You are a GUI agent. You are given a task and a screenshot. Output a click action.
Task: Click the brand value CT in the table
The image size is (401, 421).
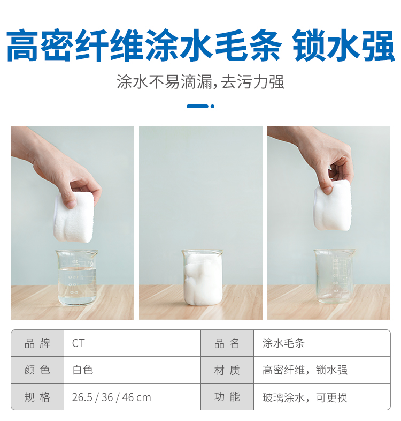(78, 343)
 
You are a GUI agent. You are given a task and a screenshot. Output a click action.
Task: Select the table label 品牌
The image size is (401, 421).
(37, 343)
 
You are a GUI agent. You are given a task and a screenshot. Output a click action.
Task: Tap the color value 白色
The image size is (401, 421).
(82, 370)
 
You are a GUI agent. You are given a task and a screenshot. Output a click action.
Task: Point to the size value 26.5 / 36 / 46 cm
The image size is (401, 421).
(111, 397)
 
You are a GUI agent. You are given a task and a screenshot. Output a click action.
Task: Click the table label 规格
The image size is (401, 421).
(37, 397)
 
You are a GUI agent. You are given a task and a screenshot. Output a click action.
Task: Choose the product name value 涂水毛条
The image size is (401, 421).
(283, 343)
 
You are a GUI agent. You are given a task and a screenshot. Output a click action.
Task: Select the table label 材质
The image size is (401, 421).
(227, 370)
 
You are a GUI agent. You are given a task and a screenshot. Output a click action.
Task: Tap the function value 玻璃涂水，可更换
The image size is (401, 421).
(305, 397)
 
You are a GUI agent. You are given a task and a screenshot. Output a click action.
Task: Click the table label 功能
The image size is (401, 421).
(227, 397)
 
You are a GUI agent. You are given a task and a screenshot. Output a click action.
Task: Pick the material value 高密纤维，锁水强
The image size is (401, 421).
(305, 370)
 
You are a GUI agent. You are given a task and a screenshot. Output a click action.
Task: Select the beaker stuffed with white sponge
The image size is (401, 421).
(203, 277)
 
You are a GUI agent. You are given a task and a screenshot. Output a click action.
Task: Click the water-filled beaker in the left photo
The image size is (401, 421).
(77, 277)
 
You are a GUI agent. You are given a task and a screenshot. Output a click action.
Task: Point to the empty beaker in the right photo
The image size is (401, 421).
(334, 276)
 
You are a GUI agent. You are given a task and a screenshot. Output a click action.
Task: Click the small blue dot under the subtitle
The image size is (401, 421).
(213, 107)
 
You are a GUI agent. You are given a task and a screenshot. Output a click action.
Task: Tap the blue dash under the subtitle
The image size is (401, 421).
(197, 107)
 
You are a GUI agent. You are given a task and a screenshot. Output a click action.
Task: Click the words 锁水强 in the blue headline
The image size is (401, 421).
(343, 46)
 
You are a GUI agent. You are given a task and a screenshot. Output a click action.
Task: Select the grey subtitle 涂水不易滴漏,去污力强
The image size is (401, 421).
(200, 82)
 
